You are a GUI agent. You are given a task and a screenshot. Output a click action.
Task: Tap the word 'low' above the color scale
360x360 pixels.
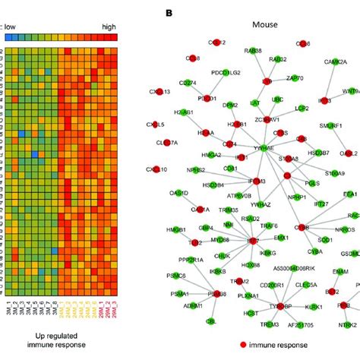pos(12,26)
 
